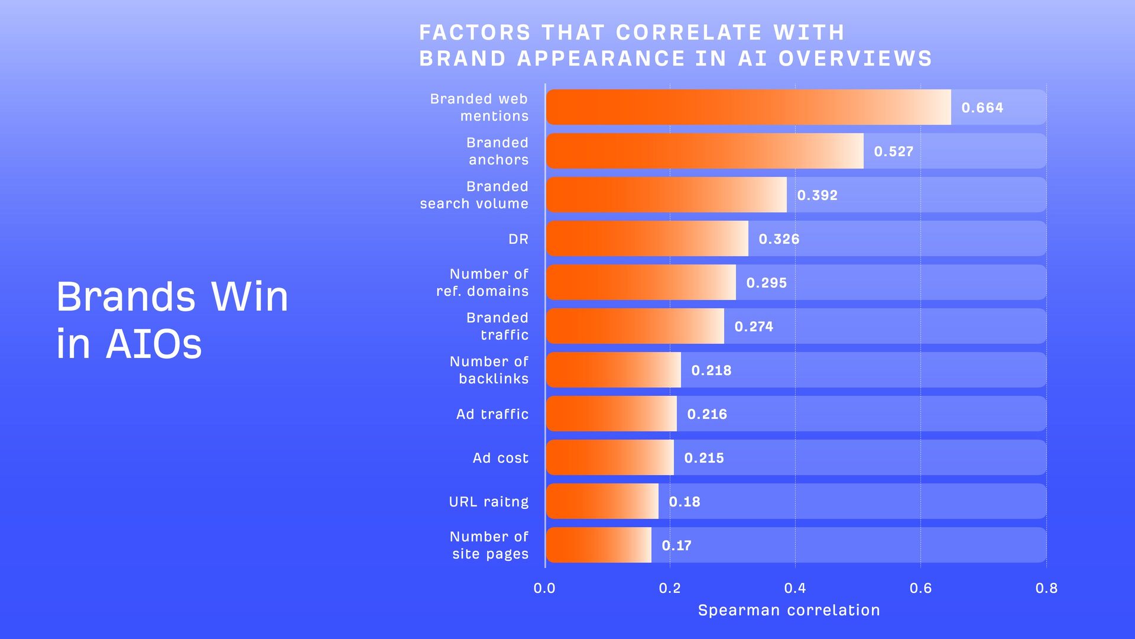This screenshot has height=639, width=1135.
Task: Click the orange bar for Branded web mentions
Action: click(748, 107)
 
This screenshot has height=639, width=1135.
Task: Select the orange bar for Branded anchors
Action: click(705, 151)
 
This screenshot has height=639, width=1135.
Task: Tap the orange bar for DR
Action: click(647, 238)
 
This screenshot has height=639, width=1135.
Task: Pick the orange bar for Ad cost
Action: click(610, 457)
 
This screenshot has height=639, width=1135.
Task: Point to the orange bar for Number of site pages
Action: click(599, 545)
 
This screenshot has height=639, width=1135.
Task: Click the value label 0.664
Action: click(982, 108)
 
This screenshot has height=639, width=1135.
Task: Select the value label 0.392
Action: click(817, 195)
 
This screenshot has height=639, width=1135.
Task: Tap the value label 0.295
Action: click(766, 283)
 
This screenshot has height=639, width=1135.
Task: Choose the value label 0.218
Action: click(711, 370)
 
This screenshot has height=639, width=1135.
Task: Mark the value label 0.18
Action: click(684, 502)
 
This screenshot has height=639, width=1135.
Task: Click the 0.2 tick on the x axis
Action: click(670, 588)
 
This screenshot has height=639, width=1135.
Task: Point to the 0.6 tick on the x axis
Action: click(920, 588)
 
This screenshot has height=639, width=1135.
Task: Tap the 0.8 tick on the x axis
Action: click(1046, 588)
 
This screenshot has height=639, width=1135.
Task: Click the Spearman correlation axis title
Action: click(789, 611)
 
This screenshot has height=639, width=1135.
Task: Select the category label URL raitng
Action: click(488, 502)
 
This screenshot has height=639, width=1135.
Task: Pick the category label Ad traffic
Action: click(492, 414)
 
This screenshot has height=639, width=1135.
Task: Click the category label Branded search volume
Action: click(474, 195)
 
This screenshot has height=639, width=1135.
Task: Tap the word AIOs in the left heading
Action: click(154, 344)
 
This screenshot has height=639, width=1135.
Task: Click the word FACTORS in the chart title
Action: click(475, 33)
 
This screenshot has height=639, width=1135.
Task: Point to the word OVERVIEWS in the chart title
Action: click(855, 59)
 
